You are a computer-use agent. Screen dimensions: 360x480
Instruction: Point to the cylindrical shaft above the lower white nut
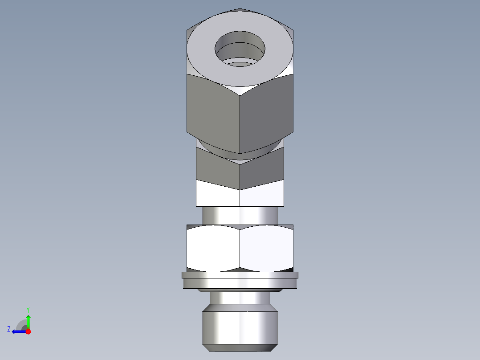pyautogui.click(x=240, y=215)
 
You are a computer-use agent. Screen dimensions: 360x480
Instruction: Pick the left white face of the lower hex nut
pyautogui.click(x=213, y=247)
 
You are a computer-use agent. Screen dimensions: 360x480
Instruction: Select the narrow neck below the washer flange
pyautogui.click(x=240, y=298)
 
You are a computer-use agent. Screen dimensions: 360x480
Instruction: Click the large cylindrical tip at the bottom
pyautogui.click(x=240, y=327)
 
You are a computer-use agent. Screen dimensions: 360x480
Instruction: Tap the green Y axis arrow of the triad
pyautogui.click(x=28, y=320)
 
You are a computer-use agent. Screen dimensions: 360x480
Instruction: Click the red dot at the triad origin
pyautogui.click(x=28, y=331)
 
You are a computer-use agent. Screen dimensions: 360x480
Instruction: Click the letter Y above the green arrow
pyautogui.click(x=28, y=309)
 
